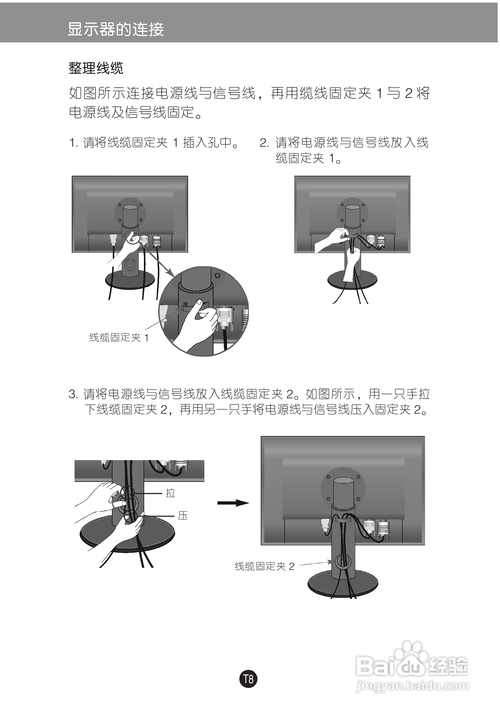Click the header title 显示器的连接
(115, 30)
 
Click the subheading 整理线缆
(96, 68)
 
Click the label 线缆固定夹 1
(119, 338)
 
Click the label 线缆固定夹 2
(265, 566)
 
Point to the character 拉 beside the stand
(170, 493)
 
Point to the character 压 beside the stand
(183, 516)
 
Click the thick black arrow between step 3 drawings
(233, 503)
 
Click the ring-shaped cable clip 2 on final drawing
(342, 561)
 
